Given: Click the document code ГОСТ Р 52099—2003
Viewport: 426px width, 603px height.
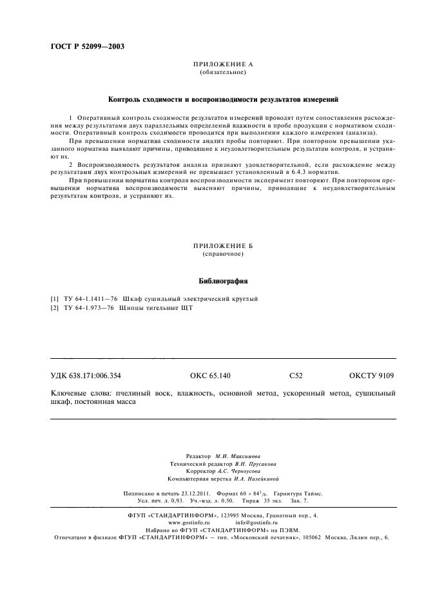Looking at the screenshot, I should click(x=87, y=46).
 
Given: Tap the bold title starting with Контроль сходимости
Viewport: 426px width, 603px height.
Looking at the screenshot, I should click(x=223, y=100).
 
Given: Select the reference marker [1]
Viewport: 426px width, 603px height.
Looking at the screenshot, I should click(x=55, y=299).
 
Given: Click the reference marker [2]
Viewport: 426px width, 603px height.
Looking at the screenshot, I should click(x=55, y=308).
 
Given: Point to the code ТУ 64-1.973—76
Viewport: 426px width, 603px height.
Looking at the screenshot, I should click(x=89, y=308).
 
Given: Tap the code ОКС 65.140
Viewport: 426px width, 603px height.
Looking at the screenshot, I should click(x=210, y=376).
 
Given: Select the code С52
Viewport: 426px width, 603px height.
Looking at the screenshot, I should click(x=296, y=376).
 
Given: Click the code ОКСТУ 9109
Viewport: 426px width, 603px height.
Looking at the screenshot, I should click(x=371, y=376).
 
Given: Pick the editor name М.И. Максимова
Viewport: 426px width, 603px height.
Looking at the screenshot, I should click(x=237, y=455).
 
